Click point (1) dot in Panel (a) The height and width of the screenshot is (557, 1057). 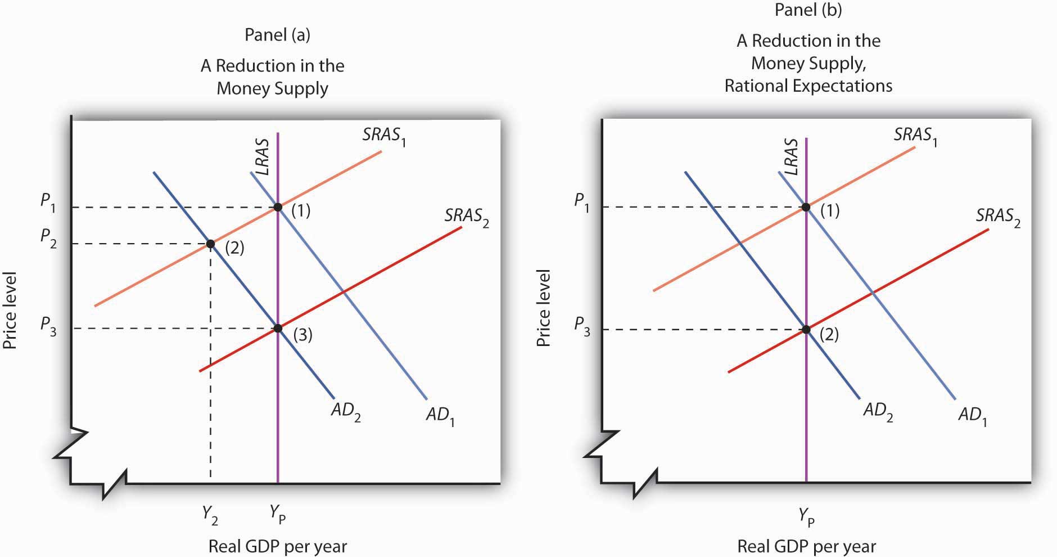click(278, 207)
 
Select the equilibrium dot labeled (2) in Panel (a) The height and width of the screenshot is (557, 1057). click(210, 244)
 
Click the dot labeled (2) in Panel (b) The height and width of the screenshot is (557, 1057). click(806, 329)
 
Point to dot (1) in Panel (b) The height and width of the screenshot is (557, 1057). click(806, 207)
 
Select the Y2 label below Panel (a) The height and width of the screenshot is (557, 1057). click(210, 514)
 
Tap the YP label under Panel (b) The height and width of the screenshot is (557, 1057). click(806, 515)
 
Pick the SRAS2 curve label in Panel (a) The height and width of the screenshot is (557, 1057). click(466, 217)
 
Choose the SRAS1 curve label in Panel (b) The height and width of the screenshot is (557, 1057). click(915, 136)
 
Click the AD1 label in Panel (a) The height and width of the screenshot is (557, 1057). click(440, 416)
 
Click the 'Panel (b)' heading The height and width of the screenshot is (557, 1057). click(808, 10)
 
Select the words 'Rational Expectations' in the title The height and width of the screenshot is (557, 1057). click(808, 86)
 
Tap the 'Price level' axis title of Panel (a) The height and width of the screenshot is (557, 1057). click(10, 310)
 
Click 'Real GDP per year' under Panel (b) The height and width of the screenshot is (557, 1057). click(806, 546)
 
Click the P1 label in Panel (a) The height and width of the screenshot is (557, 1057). click(48, 201)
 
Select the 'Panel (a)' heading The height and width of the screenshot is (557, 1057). click(277, 35)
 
